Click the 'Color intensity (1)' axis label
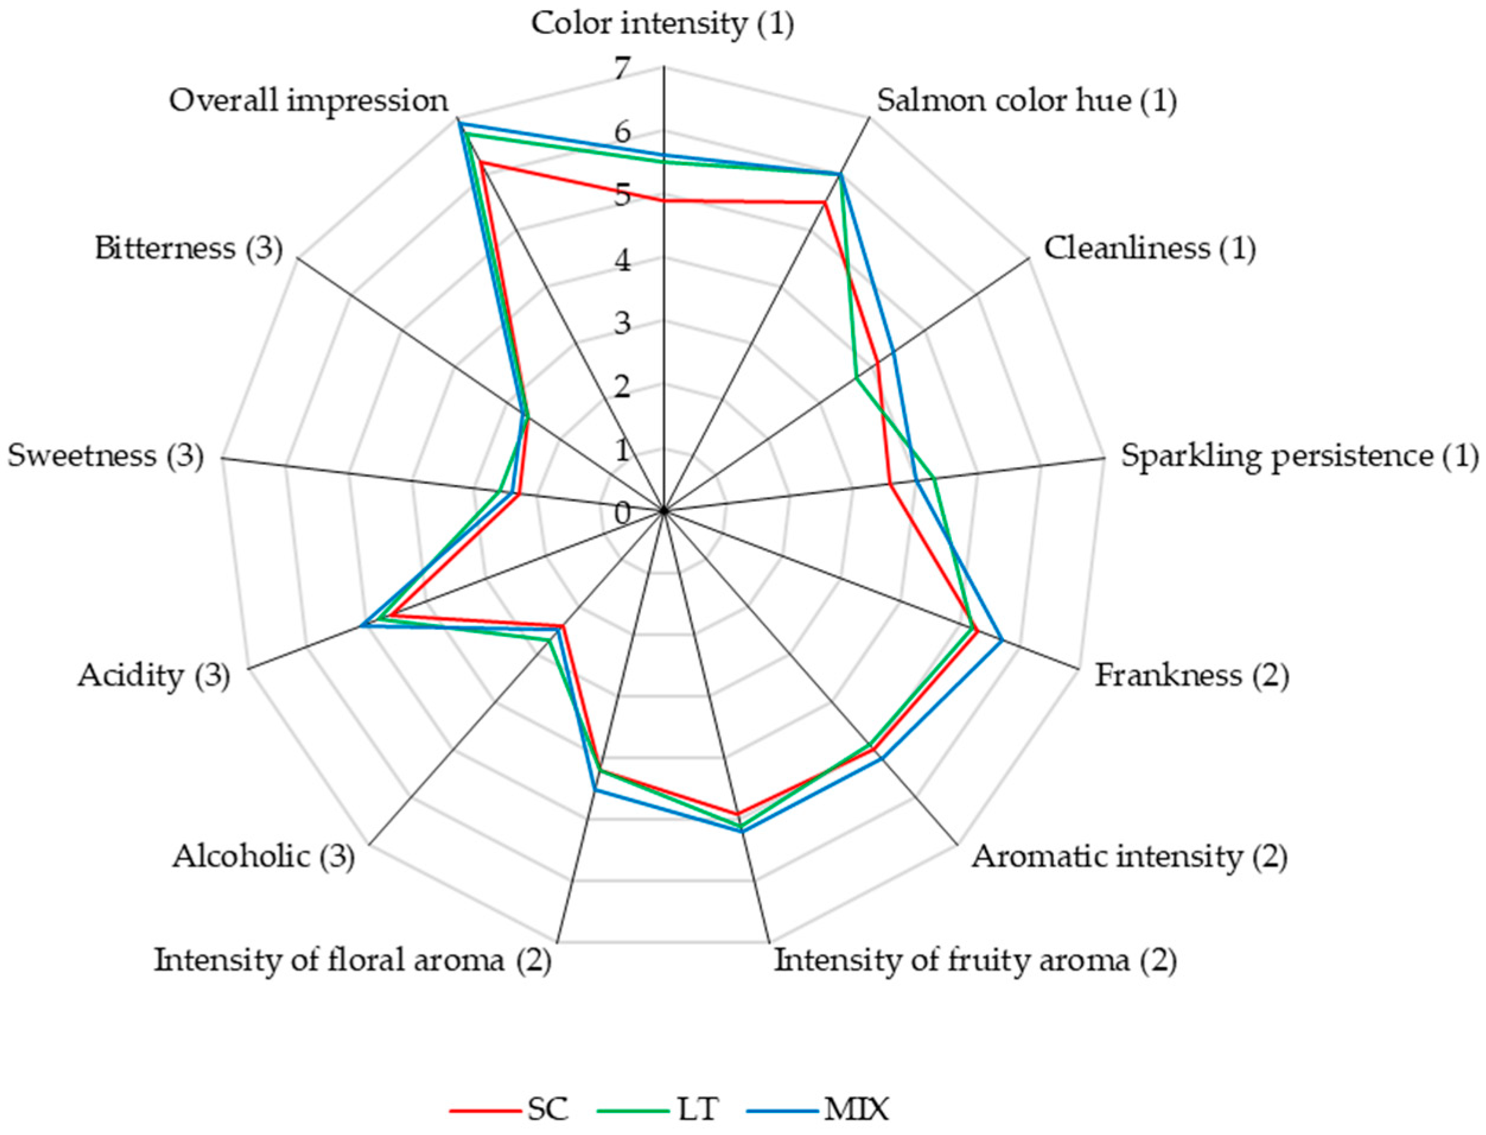662,24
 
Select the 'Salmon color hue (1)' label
1026,102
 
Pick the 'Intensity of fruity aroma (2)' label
975,960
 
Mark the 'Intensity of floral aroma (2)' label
353,960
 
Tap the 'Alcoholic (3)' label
263,857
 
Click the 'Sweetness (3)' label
106,456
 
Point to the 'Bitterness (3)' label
189,248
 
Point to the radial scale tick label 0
622,513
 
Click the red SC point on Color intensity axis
665,200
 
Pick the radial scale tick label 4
622,260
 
